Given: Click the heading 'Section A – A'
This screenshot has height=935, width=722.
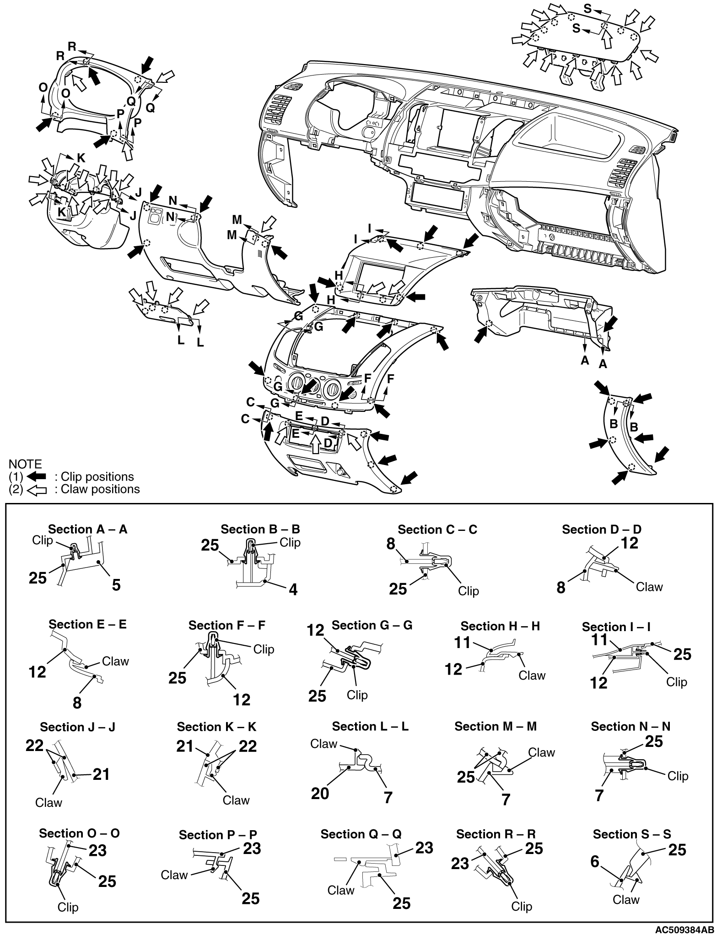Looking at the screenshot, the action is [x=87, y=530].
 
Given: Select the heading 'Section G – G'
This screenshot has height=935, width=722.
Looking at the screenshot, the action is [x=372, y=625].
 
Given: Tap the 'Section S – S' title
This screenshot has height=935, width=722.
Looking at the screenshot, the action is [x=632, y=834].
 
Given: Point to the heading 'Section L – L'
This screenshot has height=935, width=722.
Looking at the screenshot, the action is [x=370, y=726].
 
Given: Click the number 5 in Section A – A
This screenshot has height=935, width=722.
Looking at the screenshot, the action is [x=116, y=584].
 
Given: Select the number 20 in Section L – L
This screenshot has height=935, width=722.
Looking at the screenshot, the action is [x=320, y=793].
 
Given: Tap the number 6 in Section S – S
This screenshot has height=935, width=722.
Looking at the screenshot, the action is [x=595, y=862].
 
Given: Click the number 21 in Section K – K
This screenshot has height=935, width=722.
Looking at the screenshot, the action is [x=185, y=746].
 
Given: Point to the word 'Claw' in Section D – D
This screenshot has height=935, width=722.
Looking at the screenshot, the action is [x=649, y=587].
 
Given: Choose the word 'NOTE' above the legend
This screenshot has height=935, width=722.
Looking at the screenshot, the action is [x=25, y=464].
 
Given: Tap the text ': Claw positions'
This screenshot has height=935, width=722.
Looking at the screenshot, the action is [x=97, y=489].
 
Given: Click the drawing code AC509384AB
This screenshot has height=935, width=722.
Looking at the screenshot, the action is [x=684, y=930].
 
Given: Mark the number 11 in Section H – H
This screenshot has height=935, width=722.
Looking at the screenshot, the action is [x=462, y=643].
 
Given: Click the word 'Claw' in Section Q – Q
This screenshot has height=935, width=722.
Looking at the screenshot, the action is [x=341, y=890].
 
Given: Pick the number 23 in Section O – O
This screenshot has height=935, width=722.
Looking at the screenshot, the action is [x=97, y=850].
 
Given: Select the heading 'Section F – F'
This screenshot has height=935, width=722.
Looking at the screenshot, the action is [x=227, y=625].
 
